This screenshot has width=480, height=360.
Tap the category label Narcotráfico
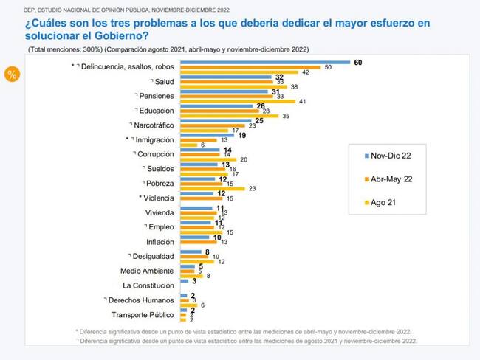coord(153,125)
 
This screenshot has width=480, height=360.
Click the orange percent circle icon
coord(12,75)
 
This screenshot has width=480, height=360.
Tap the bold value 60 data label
coord(358,62)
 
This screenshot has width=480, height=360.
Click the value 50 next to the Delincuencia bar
coord(329,67)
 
